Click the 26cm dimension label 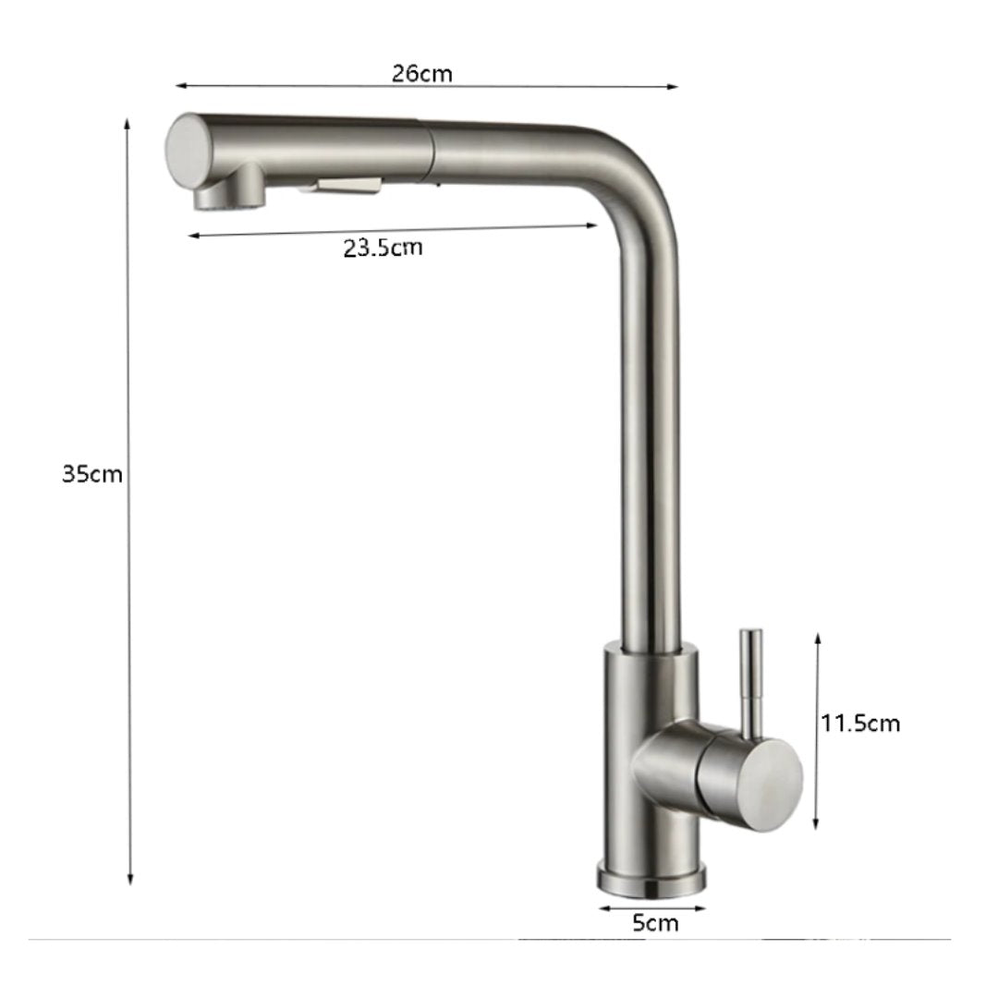[422, 74]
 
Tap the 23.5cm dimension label [383, 248]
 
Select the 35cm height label [92, 474]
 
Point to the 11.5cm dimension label [860, 723]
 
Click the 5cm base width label [655, 923]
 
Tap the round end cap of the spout [188, 150]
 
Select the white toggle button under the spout [347, 186]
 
